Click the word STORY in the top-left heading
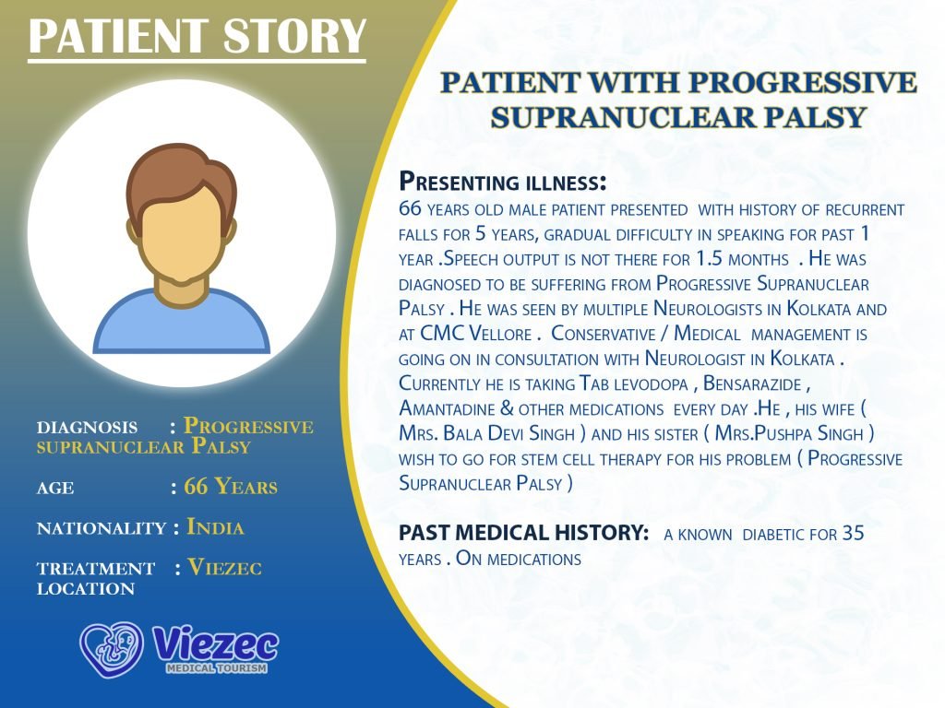294,36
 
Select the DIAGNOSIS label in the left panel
88,428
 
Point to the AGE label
55,488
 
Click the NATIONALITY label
102,528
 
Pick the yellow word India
215,527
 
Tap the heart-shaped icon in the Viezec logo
112,650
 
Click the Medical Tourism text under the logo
216,668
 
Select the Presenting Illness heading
503,182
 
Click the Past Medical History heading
524,533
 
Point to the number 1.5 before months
710,259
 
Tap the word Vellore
500,334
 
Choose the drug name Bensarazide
752,383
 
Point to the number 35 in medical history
854,533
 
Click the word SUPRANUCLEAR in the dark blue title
623,117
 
